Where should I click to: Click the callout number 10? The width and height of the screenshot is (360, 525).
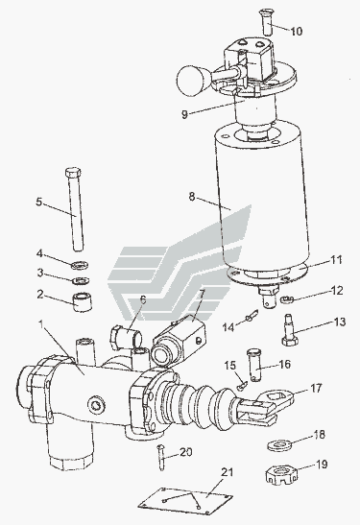tap(297, 31)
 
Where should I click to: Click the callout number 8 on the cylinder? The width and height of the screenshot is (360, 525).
tap(192, 197)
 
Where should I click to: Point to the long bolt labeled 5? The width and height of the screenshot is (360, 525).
tap(75, 209)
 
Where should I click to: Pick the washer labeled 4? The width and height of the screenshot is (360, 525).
tap(80, 265)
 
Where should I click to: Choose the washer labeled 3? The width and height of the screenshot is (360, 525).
tap(81, 280)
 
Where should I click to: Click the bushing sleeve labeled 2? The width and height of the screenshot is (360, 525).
tap(83, 302)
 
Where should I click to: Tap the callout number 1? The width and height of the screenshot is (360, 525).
tap(41, 323)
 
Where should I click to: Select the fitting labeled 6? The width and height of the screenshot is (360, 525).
tap(126, 336)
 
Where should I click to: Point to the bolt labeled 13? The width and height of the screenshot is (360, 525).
tap(290, 330)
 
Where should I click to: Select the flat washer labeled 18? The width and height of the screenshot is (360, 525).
tap(280, 445)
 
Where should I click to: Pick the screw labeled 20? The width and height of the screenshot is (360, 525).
tap(162, 457)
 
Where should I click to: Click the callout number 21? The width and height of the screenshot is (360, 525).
tap(228, 473)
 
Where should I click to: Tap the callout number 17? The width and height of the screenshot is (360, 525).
tap(316, 388)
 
